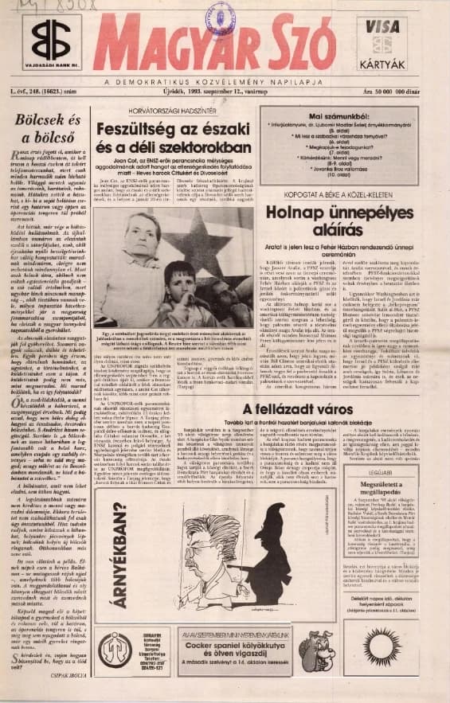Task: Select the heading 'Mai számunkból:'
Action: click(x=330, y=117)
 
